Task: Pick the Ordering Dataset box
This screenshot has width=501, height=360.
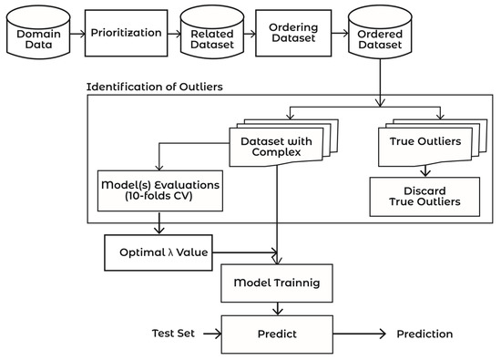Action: (291, 33)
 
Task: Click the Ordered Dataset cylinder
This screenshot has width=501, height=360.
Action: (377, 37)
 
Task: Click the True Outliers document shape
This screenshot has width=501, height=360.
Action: (423, 141)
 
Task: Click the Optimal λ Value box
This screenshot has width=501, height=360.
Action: (157, 251)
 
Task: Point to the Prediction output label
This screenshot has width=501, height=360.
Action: (424, 334)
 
